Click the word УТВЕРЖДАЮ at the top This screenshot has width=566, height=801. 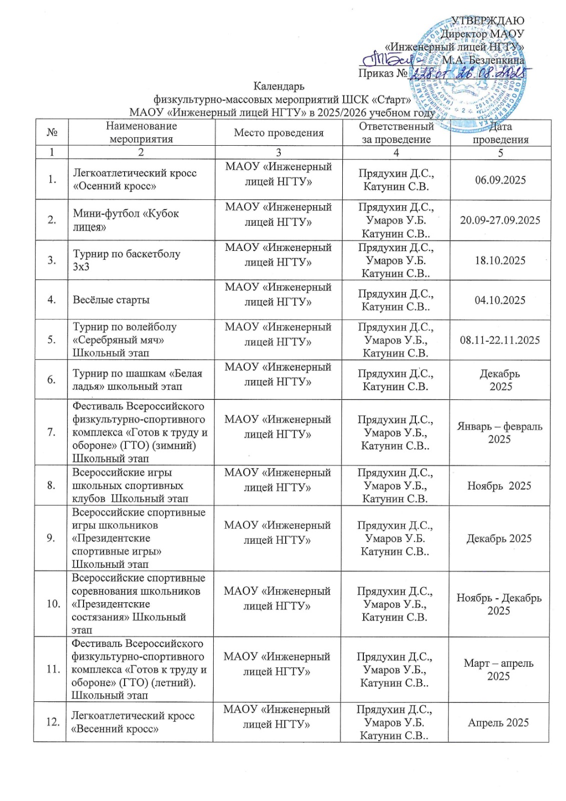point(487,21)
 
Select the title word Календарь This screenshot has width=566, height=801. point(279,86)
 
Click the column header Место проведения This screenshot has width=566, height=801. point(279,133)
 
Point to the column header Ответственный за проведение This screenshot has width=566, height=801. point(396,133)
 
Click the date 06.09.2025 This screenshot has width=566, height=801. point(500,180)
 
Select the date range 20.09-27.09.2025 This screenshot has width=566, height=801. point(500,220)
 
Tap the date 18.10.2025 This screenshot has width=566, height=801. point(500,260)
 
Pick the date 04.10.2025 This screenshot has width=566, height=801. point(500,300)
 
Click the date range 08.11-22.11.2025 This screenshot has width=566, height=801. point(500,340)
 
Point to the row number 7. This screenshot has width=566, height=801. point(51,432)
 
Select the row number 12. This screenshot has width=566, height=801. point(53,722)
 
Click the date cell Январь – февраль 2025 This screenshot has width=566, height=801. point(499,433)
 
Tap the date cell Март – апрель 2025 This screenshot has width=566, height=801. point(498,669)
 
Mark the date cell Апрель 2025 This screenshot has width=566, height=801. point(498,722)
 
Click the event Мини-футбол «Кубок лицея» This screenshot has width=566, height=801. point(126,220)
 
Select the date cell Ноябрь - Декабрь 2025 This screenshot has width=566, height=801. point(499,604)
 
